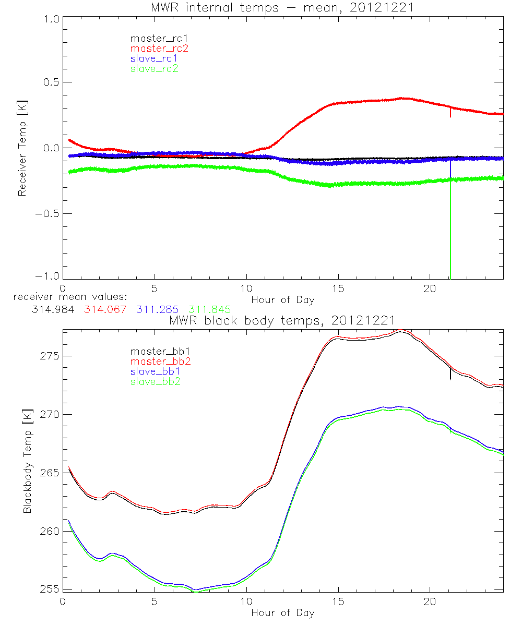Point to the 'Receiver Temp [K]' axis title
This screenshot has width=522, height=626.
[22, 148]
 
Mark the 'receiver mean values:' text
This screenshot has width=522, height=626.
[67, 297]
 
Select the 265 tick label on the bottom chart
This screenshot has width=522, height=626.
[50, 473]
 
